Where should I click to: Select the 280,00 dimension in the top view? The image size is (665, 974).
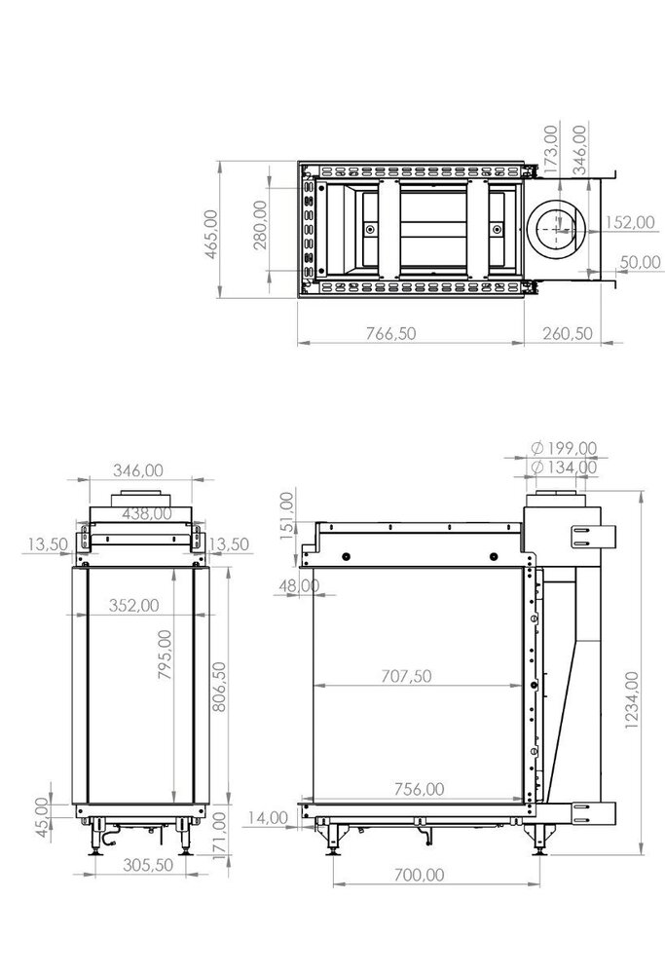click(260, 224)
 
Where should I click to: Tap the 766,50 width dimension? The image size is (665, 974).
click(388, 333)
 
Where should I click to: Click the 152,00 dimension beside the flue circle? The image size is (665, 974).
click(628, 222)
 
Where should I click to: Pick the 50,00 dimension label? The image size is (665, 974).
click(637, 262)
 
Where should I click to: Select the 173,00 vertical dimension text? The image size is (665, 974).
click(551, 146)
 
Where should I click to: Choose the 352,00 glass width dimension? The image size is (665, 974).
click(133, 604)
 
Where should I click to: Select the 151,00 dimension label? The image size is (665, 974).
click(286, 513)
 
